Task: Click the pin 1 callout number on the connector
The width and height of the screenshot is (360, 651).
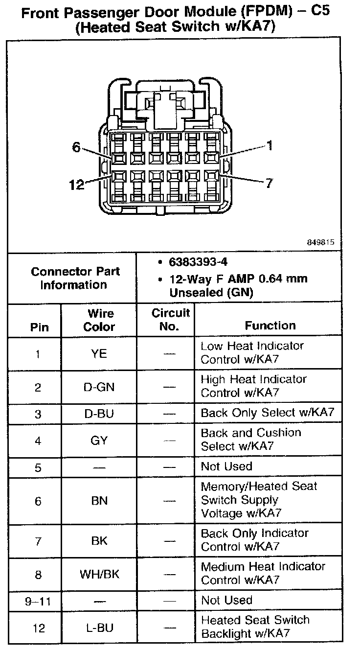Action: [x=269, y=145]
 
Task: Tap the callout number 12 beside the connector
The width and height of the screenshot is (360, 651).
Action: [x=76, y=185]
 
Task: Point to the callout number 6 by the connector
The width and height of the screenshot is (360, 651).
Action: [x=76, y=147]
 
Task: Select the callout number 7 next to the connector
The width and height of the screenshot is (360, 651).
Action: [x=269, y=183]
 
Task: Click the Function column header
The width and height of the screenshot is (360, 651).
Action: [x=270, y=325]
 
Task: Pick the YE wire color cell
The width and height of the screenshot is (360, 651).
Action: [x=99, y=353]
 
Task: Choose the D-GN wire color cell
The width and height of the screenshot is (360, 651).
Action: [x=99, y=387]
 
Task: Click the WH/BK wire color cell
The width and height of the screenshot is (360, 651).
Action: [x=99, y=574]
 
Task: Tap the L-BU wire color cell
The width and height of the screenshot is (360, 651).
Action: [x=99, y=628]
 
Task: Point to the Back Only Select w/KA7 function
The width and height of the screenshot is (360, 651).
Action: [x=268, y=413]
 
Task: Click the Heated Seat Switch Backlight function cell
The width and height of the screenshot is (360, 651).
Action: [x=255, y=627]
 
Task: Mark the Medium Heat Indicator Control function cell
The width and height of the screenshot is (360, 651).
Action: [x=263, y=573]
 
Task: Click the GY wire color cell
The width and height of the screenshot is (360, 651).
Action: [x=99, y=440]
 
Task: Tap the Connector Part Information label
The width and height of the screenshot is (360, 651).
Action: [x=75, y=278]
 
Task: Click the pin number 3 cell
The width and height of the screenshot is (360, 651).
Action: [x=38, y=414]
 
